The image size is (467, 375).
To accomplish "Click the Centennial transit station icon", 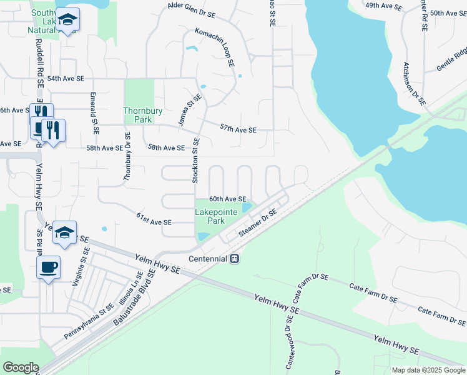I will tap(235, 258).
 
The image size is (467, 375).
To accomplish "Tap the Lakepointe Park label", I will tap(216, 216).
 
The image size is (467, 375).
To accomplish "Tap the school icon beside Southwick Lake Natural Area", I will tap(67, 21).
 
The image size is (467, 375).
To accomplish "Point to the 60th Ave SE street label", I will tap(227, 199).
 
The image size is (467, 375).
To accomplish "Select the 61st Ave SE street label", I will tap(154, 222).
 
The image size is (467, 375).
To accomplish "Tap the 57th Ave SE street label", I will tap(238, 129).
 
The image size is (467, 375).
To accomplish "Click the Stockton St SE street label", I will tap(195, 159).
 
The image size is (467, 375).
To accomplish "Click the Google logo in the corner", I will tap(21, 367).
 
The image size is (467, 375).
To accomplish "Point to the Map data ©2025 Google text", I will tap(428, 370).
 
